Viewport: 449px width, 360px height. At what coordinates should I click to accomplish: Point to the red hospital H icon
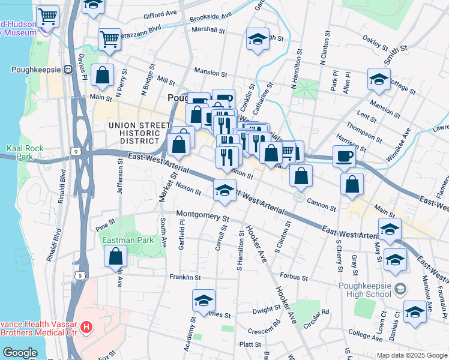click(x=86, y=328)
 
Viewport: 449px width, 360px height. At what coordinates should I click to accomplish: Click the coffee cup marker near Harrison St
click(x=344, y=156)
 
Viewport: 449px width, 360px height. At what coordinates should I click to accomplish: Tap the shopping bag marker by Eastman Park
click(x=115, y=256)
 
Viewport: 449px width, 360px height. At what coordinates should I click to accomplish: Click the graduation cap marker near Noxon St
click(x=224, y=191)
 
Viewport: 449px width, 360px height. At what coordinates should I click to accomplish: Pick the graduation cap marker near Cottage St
click(x=379, y=80)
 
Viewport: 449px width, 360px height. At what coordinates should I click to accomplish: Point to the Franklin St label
click(x=184, y=277)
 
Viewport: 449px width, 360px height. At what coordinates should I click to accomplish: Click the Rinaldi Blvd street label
click(x=62, y=185)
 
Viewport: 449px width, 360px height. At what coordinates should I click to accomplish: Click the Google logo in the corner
click(x=20, y=353)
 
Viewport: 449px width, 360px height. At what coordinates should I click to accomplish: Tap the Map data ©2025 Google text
click(x=411, y=355)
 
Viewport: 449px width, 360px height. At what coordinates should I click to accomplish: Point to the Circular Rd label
click(x=316, y=312)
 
